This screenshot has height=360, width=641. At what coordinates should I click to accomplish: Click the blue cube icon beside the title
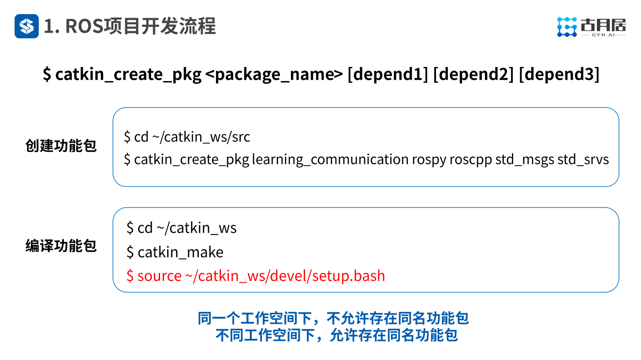(x=26, y=26)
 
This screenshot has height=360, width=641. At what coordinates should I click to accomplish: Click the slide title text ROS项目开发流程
(x=130, y=26)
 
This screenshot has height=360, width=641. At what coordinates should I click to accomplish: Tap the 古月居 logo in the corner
(x=591, y=27)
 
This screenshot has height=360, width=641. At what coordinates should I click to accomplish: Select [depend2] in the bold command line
(x=473, y=74)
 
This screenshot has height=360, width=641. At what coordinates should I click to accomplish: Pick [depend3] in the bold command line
(x=559, y=74)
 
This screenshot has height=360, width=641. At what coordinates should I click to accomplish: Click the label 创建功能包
(x=61, y=146)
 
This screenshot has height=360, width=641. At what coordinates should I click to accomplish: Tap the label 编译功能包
(x=61, y=246)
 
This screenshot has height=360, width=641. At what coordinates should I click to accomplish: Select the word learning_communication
(x=330, y=159)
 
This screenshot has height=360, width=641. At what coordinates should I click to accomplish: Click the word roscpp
(x=470, y=159)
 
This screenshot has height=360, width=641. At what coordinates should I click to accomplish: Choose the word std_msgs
(x=525, y=159)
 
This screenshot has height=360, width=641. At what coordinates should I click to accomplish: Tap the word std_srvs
(x=583, y=159)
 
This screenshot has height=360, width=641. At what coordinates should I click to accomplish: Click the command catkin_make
(x=180, y=252)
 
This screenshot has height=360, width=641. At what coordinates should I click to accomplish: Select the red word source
(x=159, y=276)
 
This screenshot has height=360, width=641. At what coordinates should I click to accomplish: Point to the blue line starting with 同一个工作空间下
(x=333, y=318)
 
